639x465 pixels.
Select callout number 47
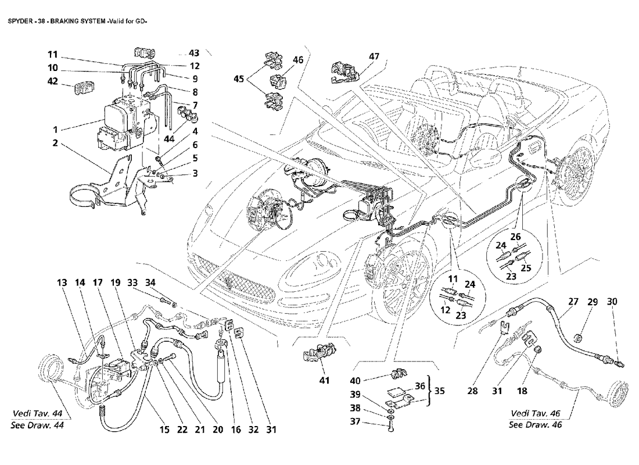373,57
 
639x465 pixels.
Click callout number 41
324,381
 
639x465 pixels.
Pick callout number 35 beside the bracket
439,391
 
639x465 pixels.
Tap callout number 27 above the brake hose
573,302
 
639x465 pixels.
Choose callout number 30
613,302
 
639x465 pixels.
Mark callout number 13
62,283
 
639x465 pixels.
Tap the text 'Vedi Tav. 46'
536,413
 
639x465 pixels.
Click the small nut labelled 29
577,337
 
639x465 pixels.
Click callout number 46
298,59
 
